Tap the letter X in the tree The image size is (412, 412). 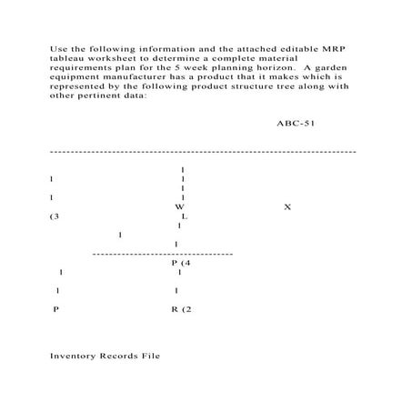tap(287, 207)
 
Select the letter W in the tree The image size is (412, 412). tap(180, 207)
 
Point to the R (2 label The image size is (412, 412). tap(182, 309)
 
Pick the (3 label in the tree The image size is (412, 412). tap(55, 216)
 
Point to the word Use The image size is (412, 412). tap(57, 43)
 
